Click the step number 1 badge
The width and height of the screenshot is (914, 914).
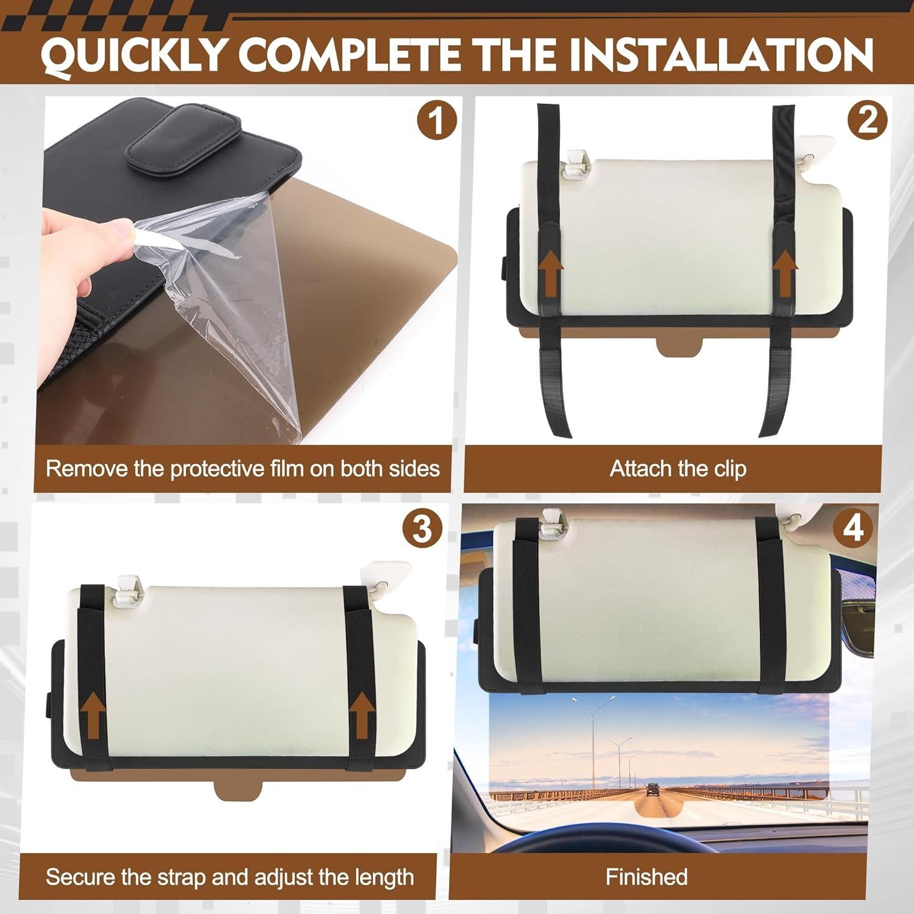point(436,120)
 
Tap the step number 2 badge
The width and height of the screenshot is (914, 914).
point(868,120)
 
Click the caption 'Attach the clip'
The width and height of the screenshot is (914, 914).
point(678,469)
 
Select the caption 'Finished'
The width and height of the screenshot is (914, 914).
point(647,877)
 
